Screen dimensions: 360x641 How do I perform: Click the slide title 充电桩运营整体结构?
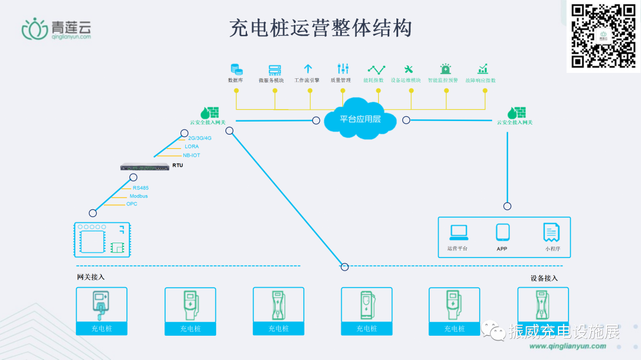coord(320,28)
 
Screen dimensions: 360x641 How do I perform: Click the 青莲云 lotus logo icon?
coord(34,28)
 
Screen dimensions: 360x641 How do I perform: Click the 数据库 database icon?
coord(236,69)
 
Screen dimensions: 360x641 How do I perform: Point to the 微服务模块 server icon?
coord(274,69)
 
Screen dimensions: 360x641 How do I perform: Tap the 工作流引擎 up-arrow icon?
coord(308,69)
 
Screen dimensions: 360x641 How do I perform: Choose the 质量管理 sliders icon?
coord(343,69)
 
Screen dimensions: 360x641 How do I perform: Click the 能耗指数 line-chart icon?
coord(376,69)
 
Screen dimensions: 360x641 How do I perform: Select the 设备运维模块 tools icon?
coord(408,69)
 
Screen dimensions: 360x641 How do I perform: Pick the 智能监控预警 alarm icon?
coord(445,69)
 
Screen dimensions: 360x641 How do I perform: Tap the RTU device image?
coord(145,167)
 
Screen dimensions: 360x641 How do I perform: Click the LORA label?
coord(192,146)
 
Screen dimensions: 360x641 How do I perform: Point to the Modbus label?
coord(139,196)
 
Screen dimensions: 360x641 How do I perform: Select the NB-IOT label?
coord(192,155)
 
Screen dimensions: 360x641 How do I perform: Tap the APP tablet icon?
coord(503,232)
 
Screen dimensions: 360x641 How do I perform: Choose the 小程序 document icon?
coord(551,232)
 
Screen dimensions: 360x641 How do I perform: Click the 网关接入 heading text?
coord(91,277)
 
